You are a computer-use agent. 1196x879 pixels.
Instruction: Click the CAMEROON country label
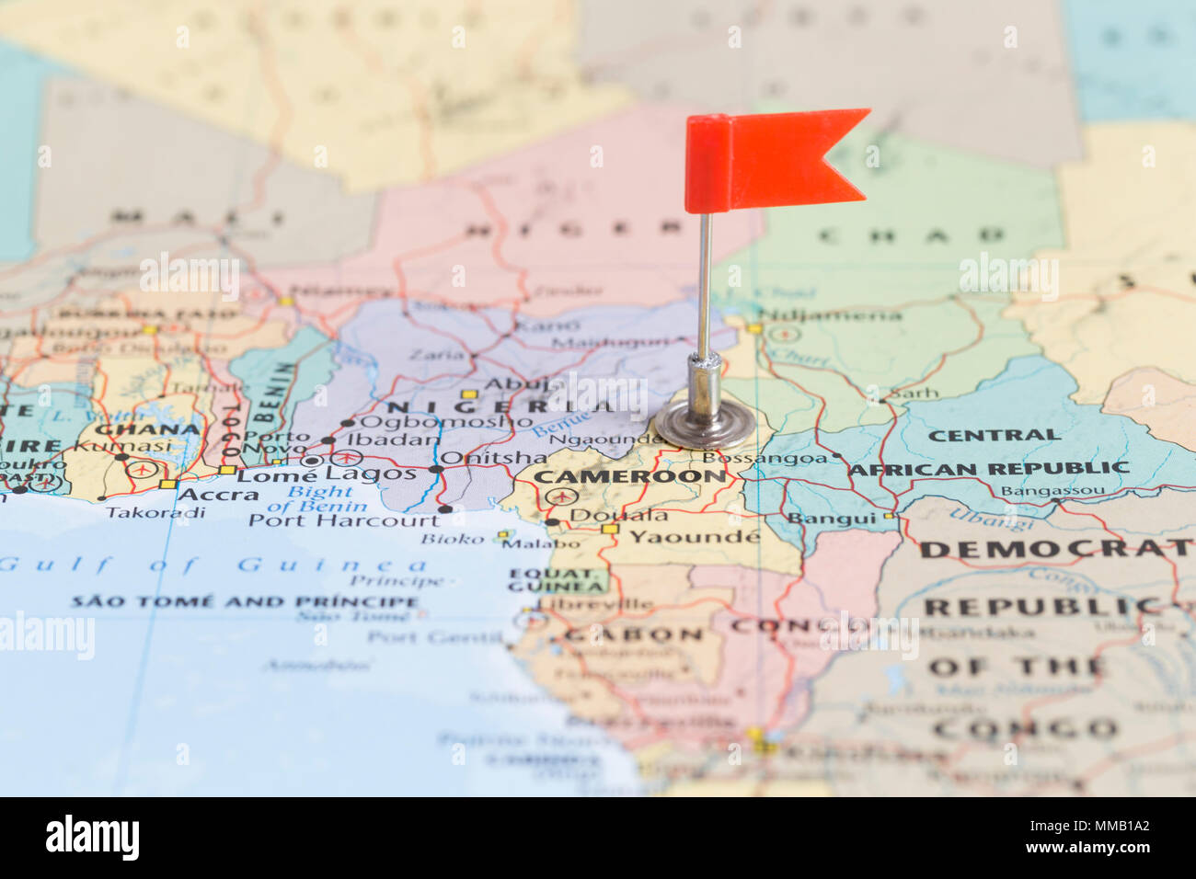click(x=630, y=476)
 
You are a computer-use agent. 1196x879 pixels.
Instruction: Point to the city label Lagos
click(x=371, y=474)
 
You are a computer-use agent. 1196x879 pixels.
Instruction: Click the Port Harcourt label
click(x=344, y=520)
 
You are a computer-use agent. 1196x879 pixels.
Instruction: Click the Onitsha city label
click(x=493, y=457)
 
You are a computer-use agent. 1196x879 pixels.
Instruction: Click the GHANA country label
click(x=147, y=428)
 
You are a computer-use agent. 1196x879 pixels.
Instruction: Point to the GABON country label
click(x=635, y=635)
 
